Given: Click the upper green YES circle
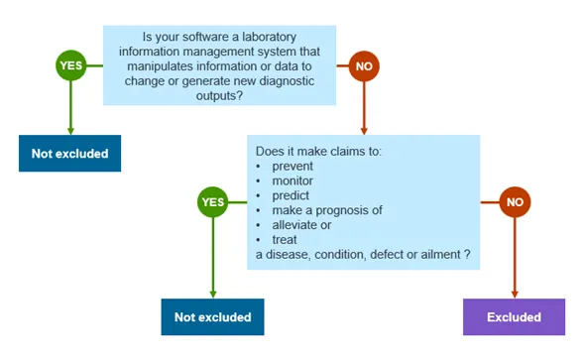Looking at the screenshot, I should [x=69, y=66].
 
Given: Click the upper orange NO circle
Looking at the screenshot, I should [x=365, y=66].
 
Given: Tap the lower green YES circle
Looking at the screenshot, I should [x=213, y=202].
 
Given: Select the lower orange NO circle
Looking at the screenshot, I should [x=515, y=202].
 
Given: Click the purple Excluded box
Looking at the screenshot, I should [x=514, y=317].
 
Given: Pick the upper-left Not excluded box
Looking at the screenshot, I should [x=69, y=154].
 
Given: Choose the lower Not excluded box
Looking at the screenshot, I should [x=213, y=317].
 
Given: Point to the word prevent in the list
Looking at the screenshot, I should [x=292, y=166].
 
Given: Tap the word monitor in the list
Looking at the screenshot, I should [x=292, y=180].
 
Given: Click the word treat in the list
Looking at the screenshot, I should [x=283, y=240].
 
